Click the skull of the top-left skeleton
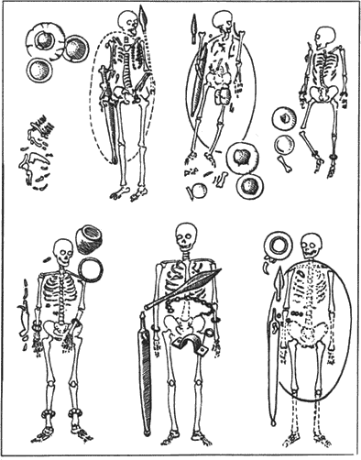pos(128,22)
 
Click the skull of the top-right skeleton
pos(322,36)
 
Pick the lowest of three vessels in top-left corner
pos(39,71)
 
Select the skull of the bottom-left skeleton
pos(62,249)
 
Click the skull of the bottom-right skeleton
pos(311,245)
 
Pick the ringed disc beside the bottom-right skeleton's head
pos(279,246)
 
